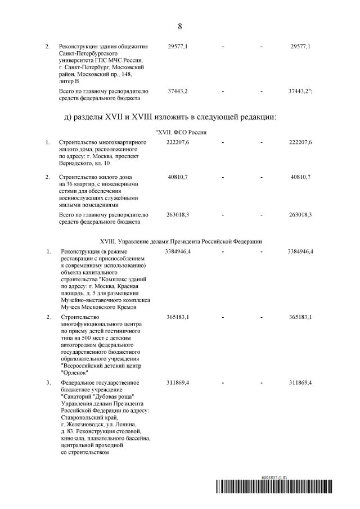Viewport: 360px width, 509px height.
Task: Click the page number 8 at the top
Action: pos(179,26)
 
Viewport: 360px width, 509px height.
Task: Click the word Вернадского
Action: pos(77,163)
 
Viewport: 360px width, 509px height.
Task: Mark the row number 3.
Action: pos(48,382)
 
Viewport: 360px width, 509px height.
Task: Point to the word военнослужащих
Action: pos(79,199)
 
